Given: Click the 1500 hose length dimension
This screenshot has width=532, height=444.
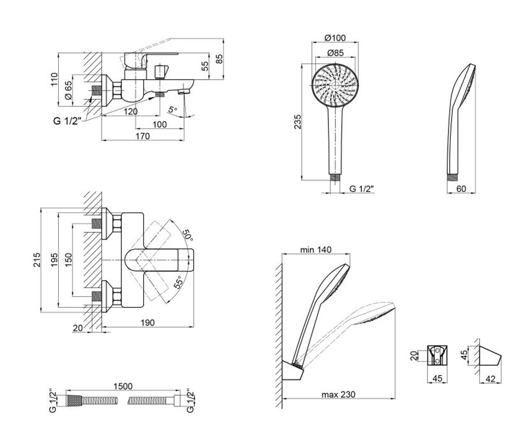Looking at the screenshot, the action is [123, 386].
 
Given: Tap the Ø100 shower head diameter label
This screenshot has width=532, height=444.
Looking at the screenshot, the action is [335, 38].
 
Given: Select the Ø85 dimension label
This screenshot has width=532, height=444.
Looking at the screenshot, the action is [335, 53].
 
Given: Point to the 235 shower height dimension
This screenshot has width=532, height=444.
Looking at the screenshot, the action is [297, 122].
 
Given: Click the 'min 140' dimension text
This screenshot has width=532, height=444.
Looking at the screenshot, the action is [316, 250].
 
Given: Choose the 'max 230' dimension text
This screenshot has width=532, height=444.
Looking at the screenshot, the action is [338, 395].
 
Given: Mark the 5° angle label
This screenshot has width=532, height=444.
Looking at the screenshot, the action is [172, 110].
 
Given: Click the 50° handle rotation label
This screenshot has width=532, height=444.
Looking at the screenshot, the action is [188, 235].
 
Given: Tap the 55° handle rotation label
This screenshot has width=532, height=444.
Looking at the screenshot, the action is [178, 282].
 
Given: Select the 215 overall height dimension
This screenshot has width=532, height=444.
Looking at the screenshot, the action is [37, 260].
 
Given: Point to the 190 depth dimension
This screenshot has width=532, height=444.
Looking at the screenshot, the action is [148, 322].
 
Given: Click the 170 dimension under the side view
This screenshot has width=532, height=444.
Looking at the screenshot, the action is [142, 136].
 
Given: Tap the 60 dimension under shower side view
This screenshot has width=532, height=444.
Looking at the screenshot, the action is [461, 189].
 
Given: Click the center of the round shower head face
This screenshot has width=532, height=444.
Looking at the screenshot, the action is [335, 85].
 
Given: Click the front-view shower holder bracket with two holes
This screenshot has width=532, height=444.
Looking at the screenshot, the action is [437, 356].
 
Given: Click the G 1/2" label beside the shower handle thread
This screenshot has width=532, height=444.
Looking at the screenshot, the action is [362, 189].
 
